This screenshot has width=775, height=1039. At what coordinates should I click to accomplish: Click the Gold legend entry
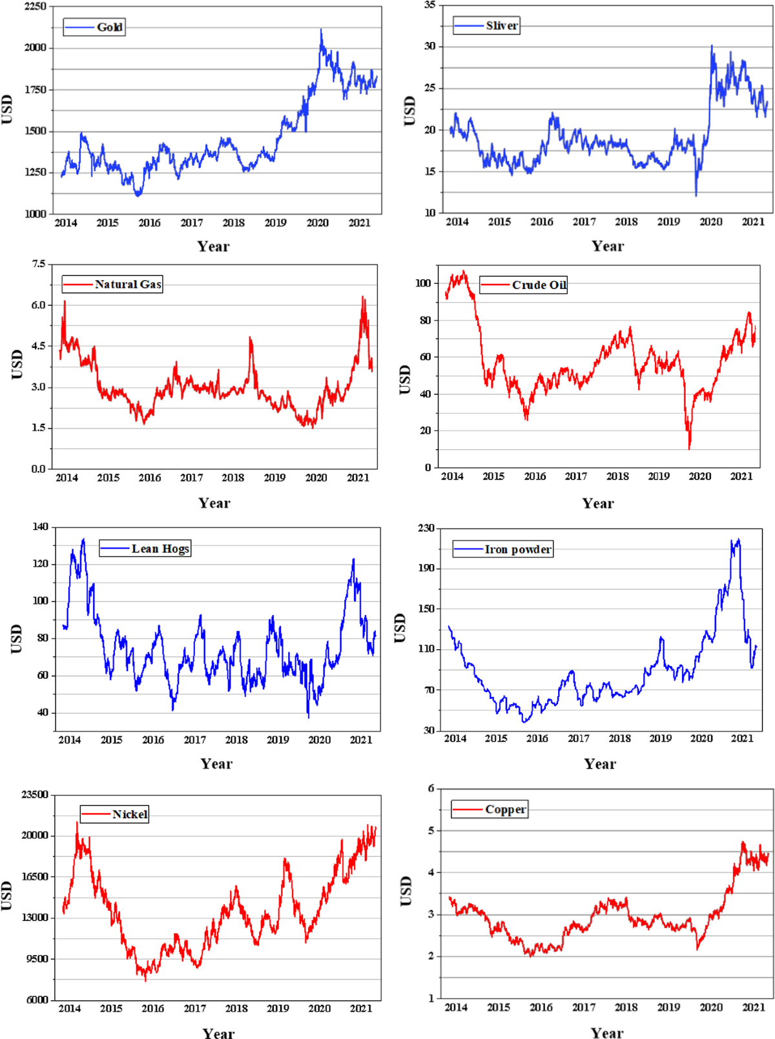pos(95,27)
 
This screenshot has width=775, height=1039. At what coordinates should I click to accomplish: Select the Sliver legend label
pos(488,26)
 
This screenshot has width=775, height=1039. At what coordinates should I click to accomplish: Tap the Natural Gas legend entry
pos(113,285)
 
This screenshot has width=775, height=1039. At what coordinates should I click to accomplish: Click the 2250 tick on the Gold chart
pos(35,6)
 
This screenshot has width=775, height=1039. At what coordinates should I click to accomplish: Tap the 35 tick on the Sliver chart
pos(429,5)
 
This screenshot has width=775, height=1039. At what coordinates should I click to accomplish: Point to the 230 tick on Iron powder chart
pos(426,528)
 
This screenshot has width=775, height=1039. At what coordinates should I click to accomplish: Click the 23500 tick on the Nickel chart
pos(34,794)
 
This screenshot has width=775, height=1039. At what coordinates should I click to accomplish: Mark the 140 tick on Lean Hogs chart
pos(40,527)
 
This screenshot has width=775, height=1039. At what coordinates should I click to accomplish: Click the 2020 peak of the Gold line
pos(321,30)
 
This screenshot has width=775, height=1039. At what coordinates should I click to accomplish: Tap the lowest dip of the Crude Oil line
pos(689,448)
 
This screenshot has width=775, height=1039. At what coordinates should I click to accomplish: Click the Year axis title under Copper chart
pos(607,1033)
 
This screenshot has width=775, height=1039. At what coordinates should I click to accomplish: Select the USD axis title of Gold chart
pos(7,110)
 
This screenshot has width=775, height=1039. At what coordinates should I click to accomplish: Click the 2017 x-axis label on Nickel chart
pos(194,1009)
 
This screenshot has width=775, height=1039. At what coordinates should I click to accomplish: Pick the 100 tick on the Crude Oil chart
pos(423,283)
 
